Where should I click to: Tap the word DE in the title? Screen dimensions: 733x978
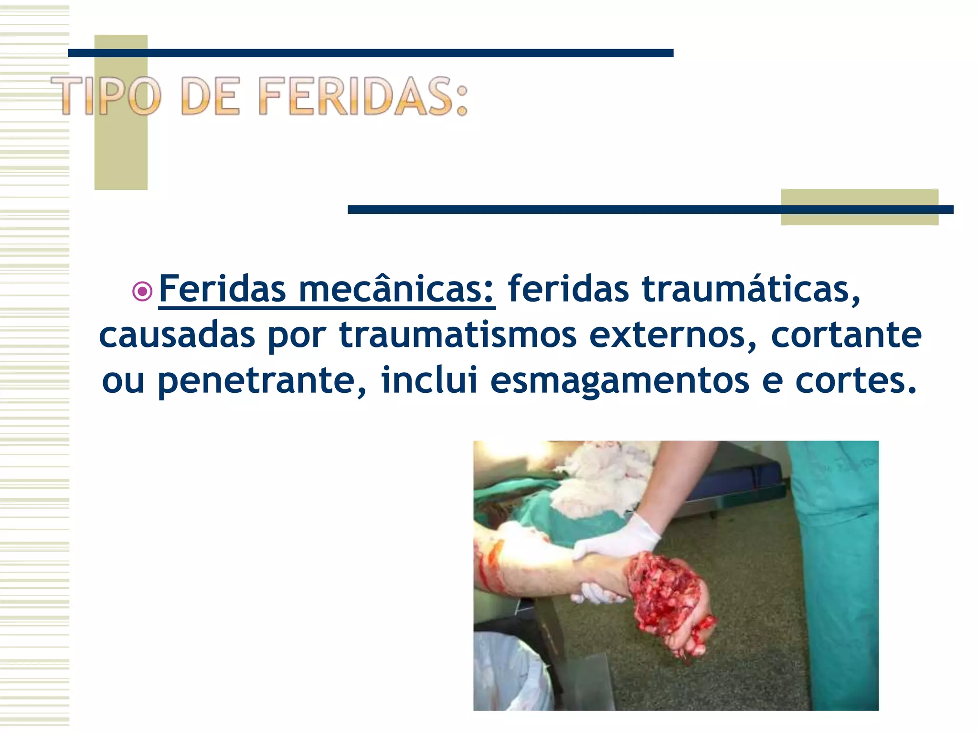[210, 96]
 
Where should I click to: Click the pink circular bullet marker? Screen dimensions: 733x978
[142, 291]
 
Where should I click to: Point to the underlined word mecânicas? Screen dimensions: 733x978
[396, 289]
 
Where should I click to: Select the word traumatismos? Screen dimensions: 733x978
[457, 335]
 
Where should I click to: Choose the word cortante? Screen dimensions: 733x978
[846, 335]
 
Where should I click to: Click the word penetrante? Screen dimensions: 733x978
[262, 380]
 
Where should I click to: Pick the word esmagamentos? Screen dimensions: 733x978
[619, 380]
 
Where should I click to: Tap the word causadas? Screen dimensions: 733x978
[177, 335]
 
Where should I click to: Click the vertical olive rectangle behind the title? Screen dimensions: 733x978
[121, 153]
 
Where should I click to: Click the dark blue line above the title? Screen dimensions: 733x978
[371, 53]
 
